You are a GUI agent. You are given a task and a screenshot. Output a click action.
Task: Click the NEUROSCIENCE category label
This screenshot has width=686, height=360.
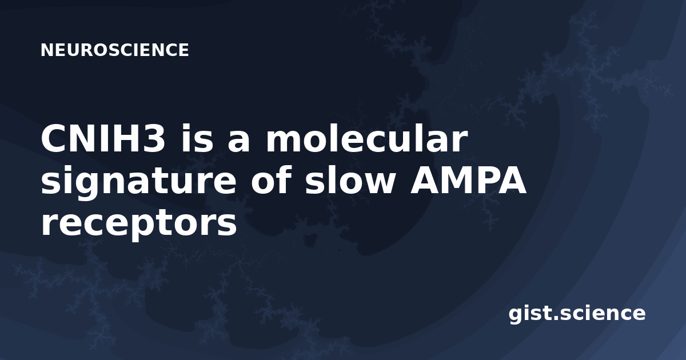click(x=115, y=50)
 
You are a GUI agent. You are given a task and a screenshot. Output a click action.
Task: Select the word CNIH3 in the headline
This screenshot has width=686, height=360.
click(x=103, y=139)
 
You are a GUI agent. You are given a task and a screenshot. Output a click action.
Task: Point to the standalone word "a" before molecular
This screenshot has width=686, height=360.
click(x=238, y=142)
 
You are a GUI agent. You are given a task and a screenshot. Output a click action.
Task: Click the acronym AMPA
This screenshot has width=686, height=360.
click(x=468, y=180)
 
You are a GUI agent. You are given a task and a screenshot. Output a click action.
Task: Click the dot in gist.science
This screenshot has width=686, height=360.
click(x=556, y=318)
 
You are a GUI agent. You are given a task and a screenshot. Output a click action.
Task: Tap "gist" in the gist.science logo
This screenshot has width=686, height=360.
click(x=531, y=314)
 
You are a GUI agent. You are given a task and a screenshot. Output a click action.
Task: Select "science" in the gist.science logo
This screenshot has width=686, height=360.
click(x=603, y=313)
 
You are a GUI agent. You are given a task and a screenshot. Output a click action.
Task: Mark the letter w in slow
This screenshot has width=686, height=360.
click(x=377, y=183)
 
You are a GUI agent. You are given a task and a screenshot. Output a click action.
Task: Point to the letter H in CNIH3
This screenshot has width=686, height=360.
click(x=125, y=139)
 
